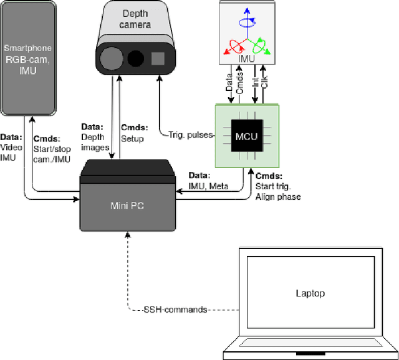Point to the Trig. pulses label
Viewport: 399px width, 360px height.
click(x=191, y=135)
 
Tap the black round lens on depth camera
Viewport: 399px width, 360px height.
click(x=135, y=60)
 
